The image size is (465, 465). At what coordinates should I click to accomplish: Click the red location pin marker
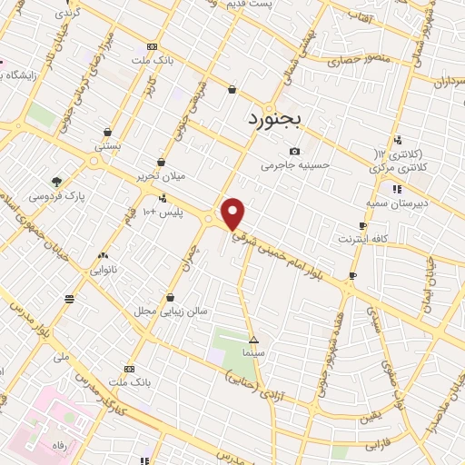point(233,213)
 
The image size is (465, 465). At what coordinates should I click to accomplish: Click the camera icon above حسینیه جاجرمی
point(294,152)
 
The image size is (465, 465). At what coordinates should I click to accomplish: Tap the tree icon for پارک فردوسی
point(56,182)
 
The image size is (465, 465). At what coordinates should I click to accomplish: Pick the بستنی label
point(108,146)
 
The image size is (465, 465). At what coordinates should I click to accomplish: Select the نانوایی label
point(103,270)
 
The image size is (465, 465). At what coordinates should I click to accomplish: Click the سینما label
point(253,351)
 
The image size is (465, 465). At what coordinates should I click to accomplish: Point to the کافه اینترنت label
point(362,239)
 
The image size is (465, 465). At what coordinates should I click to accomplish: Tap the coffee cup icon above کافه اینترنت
point(362,226)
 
